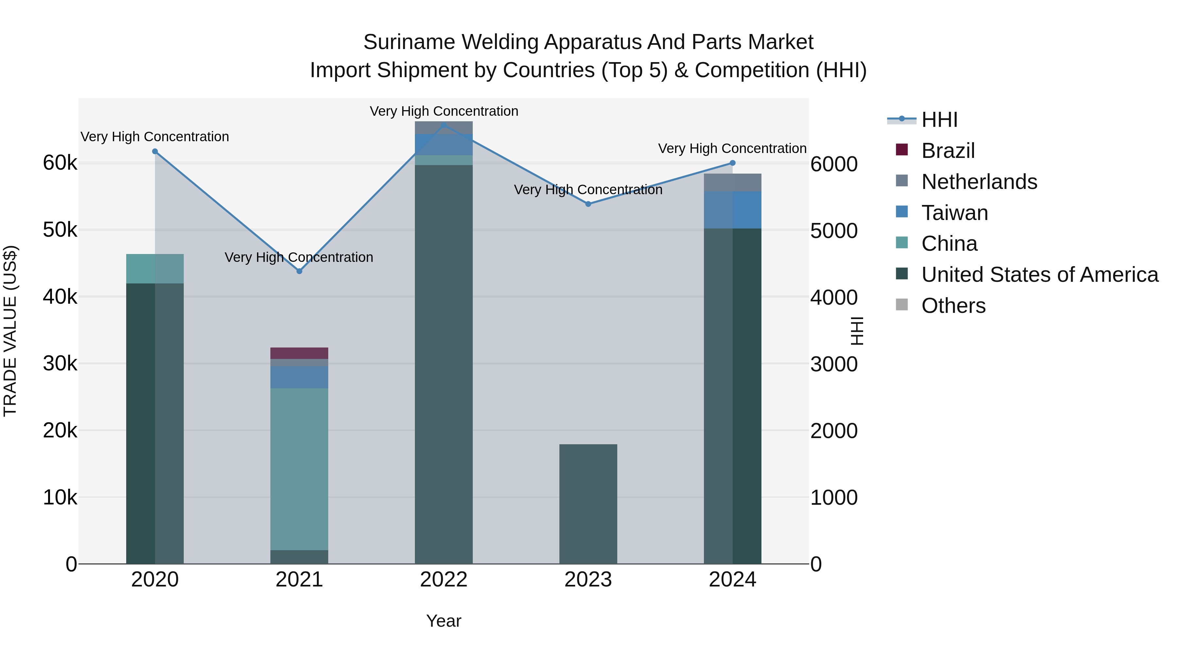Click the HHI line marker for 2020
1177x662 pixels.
(x=155, y=151)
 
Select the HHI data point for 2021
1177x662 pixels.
(x=299, y=271)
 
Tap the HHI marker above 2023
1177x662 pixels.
(x=588, y=204)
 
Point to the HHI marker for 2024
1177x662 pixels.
(x=732, y=163)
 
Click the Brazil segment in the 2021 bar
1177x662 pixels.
(x=299, y=353)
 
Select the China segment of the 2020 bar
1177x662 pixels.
(x=155, y=269)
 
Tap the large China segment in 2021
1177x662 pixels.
(x=299, y=469)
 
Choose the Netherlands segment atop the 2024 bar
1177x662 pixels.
(x=732, y=182)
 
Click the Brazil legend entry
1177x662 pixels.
(x=948, y=151)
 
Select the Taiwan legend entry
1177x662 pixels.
(x=954, y=213)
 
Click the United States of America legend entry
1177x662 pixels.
(x=1039, y=275)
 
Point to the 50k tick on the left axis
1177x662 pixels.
(x=60, y=230)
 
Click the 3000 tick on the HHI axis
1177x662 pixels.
(x=834, y=365)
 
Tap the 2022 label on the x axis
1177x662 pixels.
(x=444, y=580)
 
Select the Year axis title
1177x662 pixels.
(x=444, y=621)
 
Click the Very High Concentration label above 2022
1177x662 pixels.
(x=444, y=111)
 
